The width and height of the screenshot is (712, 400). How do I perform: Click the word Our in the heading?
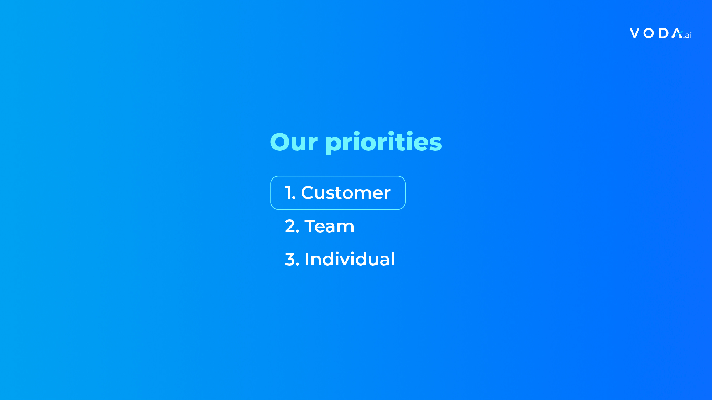point(294,142)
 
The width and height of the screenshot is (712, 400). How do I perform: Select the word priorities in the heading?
point(384,142)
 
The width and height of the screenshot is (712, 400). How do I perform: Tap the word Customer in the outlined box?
point(346,193)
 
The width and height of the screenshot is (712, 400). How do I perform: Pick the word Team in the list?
point(329,226)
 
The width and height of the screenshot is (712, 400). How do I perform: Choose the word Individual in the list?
point(350,259)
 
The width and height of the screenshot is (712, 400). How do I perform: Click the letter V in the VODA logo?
point(635,33)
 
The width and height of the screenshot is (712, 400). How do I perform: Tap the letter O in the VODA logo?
point(649,33)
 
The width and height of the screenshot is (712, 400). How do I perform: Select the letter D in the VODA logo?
point(664,33)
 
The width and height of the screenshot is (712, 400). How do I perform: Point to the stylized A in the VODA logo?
point(677,33)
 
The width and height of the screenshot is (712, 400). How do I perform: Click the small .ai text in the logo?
point(687,35)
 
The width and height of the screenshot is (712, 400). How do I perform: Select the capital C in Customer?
point(308,193)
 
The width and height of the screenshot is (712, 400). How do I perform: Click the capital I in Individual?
point(307,259)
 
